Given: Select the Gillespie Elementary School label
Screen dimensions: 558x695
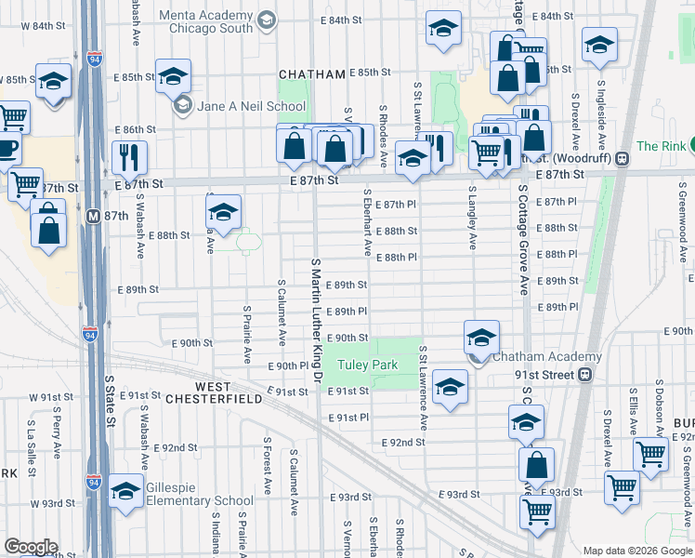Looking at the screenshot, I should point(194,501).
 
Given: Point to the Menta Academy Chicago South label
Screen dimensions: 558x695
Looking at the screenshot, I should point(205,21).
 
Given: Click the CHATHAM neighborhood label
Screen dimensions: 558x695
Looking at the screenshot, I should point(311,73).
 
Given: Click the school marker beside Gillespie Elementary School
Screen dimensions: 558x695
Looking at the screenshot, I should point(125,490).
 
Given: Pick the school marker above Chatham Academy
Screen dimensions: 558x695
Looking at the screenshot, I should point(481,337).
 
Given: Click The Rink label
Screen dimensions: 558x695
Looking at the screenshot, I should point(661,146).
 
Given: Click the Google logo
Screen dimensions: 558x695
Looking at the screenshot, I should point(31,547).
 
